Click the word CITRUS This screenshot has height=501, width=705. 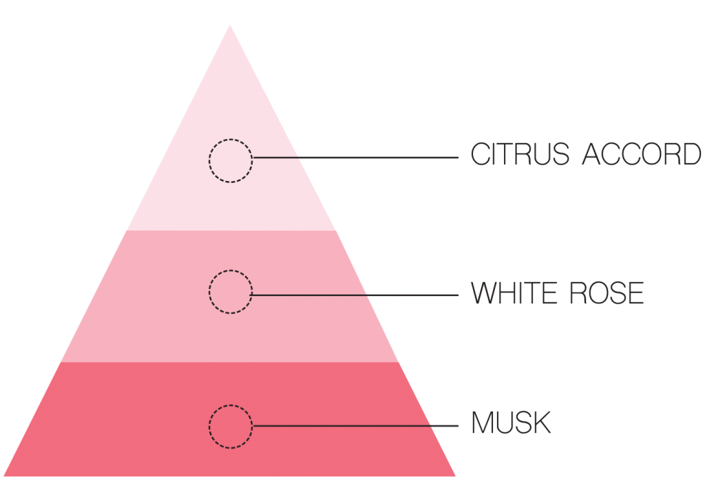point(520,154)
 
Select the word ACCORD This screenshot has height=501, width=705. point(642,154)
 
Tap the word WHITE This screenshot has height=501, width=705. point(514,293)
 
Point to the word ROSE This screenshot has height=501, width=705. point(607,293)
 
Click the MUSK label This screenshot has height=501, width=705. point(512,423)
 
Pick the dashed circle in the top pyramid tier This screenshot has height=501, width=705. point(231,139)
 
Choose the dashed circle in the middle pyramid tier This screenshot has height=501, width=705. point(231,270)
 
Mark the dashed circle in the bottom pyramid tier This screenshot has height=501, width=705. point(231,405)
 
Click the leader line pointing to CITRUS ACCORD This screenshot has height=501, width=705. point(355,158)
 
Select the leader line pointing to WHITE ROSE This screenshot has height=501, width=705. point(355,295)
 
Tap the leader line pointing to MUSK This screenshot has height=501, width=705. point(355,426)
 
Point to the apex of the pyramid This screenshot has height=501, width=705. point(230,25)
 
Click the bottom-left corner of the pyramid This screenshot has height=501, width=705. point(3,476)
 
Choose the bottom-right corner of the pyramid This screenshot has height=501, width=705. point(456,476)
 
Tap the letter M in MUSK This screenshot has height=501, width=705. point(482,423)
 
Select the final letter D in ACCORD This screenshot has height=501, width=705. point(691,154)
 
